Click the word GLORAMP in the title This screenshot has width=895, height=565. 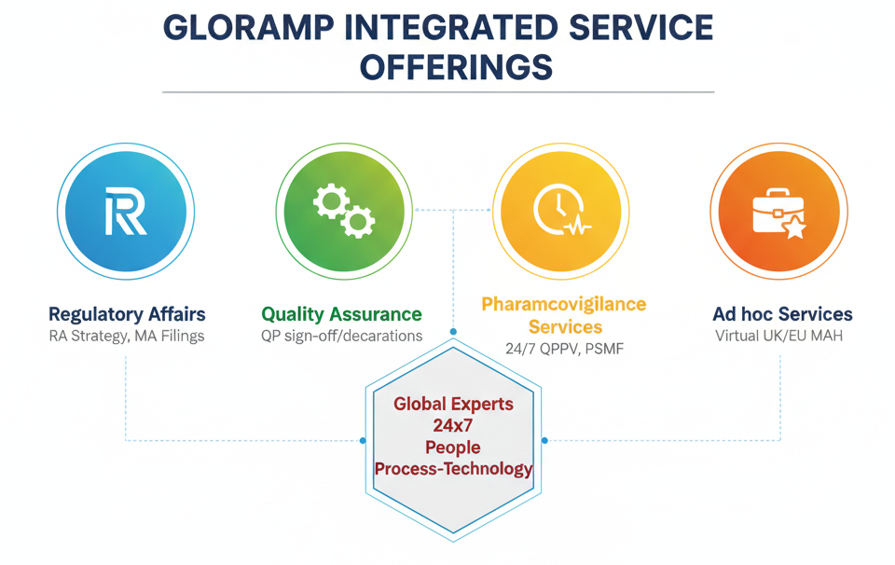(249, 28)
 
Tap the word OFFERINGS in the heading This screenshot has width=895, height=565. (456, 67)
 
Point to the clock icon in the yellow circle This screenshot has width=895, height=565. (561, 210)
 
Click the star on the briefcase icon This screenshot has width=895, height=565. (794, 227)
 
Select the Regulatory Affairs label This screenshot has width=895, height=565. (127, 314)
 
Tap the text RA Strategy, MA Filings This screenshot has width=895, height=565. (127, 336)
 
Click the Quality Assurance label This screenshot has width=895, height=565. (341, 314)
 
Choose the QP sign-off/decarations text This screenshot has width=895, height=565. (341, 336)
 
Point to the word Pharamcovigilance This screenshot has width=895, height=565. (564, 304)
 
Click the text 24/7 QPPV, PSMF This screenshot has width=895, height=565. (564, 348)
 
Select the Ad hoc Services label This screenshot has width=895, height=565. (782, 314)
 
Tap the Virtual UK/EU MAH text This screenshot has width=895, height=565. (778, 336)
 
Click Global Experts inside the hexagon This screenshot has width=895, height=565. (453, 404)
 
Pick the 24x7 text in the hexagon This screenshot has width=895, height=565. (453, 425)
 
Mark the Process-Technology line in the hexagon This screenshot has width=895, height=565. (453, 469)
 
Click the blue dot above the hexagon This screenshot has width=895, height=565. (453, 332)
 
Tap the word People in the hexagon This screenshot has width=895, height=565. (453, 448)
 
